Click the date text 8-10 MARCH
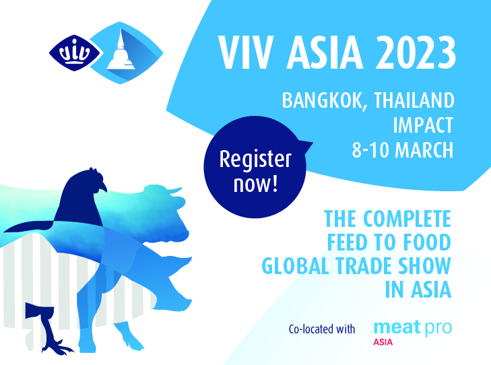402,150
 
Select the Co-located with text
321,329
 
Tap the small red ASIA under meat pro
384,342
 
